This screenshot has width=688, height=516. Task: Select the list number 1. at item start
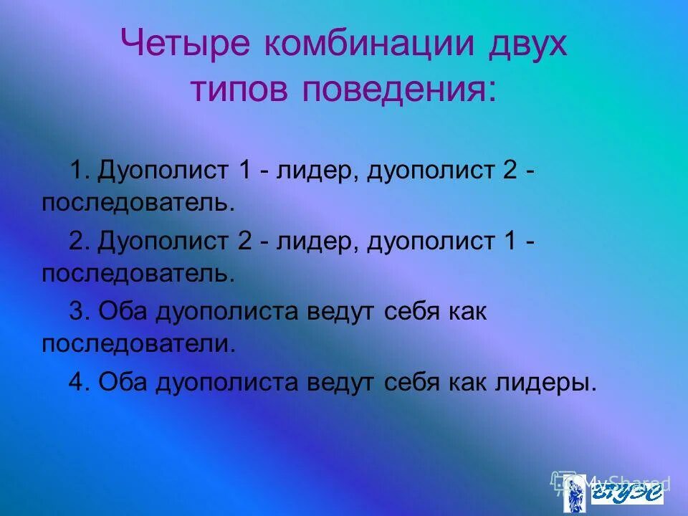pos(78,172)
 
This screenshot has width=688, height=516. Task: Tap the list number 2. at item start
pos(78,242)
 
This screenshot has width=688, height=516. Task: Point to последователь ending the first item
pos(138,203)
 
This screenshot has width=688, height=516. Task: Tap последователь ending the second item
pos(138,272)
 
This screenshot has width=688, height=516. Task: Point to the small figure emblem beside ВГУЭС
pos(575,493)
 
